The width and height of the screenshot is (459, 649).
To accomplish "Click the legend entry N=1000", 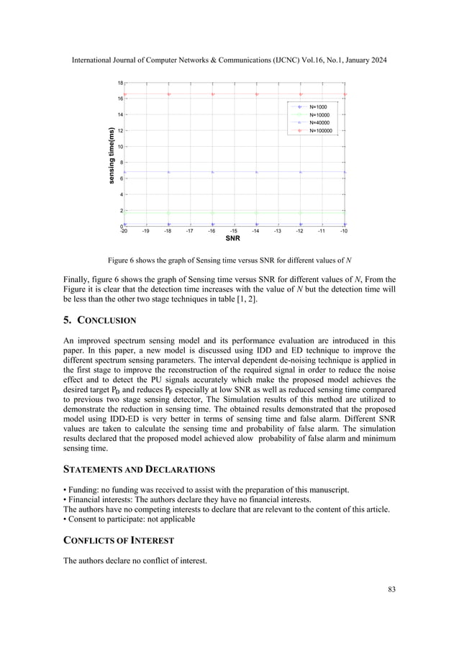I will point(317,106).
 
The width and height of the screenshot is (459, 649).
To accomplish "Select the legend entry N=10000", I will point(319,114).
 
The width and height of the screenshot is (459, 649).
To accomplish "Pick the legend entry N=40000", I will point(319,123).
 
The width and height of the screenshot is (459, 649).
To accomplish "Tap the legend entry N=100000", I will point(320,132).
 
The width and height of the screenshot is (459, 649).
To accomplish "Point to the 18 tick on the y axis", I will point(119,83).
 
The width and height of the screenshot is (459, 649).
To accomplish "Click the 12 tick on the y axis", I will point(119,131).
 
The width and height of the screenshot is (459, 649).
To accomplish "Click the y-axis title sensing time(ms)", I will point(112,155).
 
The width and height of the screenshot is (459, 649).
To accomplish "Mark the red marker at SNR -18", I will point(169,94).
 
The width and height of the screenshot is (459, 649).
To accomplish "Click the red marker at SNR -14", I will point(257,94).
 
